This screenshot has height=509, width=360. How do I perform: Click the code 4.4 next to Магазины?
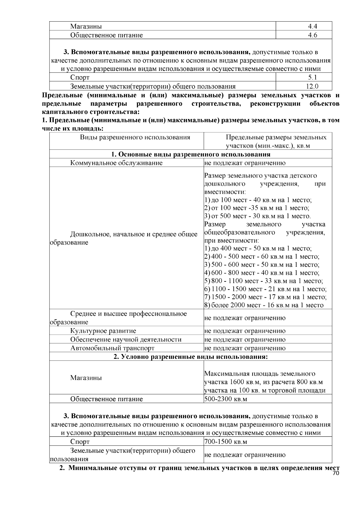pos(312,26)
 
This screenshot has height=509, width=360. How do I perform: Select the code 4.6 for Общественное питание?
pos(312,35)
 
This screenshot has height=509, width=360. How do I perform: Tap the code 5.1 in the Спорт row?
pos(312,77)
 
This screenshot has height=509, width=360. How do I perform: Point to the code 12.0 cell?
pos(312,86)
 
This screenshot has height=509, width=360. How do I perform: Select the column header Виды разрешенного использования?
pos(135,138)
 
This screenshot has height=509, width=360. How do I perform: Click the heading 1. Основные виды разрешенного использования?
pos(191,154)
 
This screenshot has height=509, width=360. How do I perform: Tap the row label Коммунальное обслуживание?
pos(116,163)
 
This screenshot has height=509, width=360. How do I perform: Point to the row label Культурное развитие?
pos(103,331)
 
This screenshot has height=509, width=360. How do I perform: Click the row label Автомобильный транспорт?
pos(112,348)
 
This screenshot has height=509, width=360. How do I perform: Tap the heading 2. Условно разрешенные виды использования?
pos(191,357)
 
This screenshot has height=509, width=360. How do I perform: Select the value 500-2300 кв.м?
pos(226,399)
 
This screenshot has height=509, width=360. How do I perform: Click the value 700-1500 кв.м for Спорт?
pos(226,442)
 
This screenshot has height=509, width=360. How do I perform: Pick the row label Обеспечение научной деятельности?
pos(126,340)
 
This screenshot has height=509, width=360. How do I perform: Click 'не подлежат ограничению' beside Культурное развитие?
pos(245,331)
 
